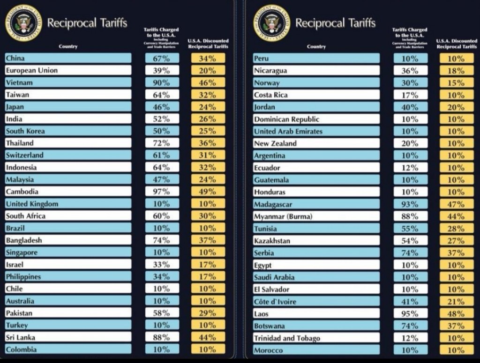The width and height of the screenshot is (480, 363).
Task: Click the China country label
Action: (15, 59)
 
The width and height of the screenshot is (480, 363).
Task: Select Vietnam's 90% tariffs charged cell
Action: (162, 83)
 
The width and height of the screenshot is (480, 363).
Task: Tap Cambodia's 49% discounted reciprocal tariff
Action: (208, 192)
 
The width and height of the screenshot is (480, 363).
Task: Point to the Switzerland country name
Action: (24, 155)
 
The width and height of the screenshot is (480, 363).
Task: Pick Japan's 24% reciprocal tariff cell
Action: (208, 107)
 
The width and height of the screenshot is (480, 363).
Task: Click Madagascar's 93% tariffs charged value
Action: (410, 204)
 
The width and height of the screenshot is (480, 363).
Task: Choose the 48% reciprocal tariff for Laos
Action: (456, 314)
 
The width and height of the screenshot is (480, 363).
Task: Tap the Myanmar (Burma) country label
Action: (283, 216)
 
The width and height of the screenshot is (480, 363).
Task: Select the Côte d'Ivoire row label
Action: (275, 302)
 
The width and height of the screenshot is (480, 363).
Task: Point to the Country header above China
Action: (68, 46)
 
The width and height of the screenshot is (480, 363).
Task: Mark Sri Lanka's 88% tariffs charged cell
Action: (162, 337)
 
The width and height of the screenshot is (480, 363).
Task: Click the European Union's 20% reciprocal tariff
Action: (208, 71)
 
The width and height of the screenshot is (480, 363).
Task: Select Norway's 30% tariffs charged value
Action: (410, 83)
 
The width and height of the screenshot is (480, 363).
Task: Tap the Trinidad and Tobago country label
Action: (287, 338)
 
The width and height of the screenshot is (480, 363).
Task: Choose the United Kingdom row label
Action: (32, 204)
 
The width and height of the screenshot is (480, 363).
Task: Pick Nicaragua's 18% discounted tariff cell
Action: (456, 71)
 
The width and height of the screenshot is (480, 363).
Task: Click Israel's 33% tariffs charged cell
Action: (162, 265)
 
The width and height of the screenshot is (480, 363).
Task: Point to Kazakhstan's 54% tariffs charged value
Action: (410, 241)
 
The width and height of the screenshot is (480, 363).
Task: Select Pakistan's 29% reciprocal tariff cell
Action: (208, 313)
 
